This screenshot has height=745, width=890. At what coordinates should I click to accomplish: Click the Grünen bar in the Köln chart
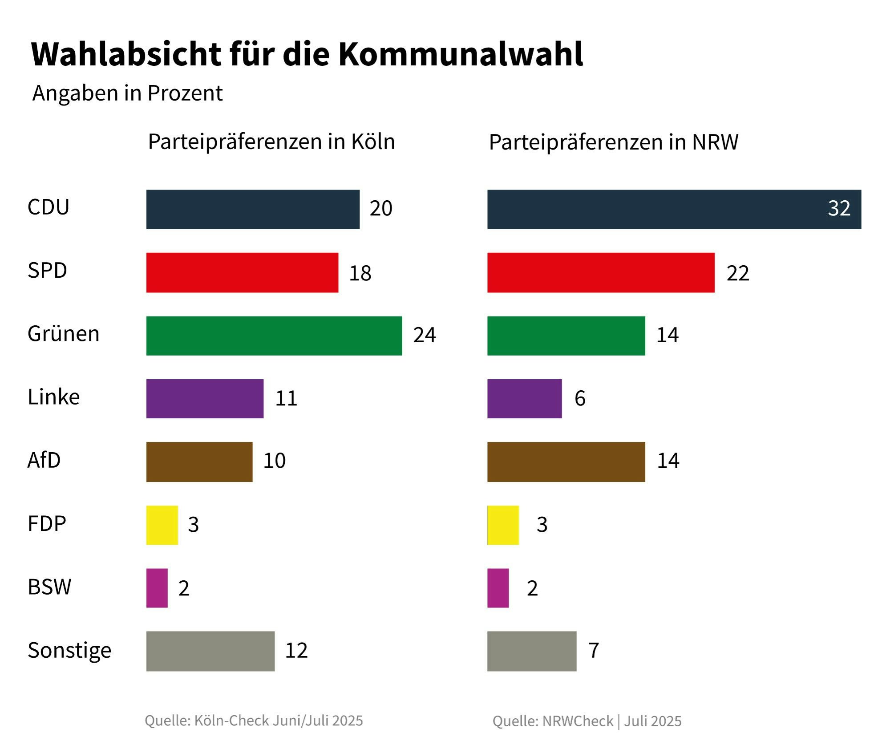[x=274, y=336]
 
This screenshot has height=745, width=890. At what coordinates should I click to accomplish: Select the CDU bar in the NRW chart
[x=674, y=209]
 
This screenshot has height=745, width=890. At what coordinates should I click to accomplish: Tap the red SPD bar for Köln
[x=242, y=272]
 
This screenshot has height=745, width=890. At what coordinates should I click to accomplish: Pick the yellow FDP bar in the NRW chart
[x=503, y=525]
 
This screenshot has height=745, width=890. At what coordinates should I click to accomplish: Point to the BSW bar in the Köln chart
[x=157, y=588]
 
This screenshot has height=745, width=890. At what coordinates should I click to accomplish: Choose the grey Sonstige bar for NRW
[x=531, y=651]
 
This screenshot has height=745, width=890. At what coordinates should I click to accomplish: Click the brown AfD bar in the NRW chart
[x=566, y=462]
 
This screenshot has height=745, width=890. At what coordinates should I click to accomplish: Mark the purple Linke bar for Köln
[x=205, y=398]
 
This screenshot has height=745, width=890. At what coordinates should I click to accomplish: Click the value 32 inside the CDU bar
[x=839, y=208]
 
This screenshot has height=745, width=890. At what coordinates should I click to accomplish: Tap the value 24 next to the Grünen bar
[x=424, y=335]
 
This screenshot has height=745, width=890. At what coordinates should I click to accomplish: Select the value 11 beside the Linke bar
[x=286, y=398]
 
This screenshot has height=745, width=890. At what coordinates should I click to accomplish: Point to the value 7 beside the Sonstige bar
[x=594, y=650]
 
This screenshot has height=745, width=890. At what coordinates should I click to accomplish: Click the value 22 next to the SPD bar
[x=737, y=273]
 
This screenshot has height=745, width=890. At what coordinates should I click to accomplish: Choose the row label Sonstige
[x=69, y=651]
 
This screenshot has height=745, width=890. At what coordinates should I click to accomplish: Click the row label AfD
[x=44, y=460]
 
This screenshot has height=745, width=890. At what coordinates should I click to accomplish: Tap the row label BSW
[x=49, y=587]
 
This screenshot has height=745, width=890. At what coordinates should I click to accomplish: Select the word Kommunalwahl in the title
[x=461, y=54]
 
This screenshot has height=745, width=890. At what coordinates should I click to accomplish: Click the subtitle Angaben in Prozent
[x=127, y=93]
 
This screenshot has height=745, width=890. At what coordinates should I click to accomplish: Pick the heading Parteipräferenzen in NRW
[x=613, y=142]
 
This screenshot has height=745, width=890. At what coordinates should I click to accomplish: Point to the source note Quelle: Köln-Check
[x=254, y=721]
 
